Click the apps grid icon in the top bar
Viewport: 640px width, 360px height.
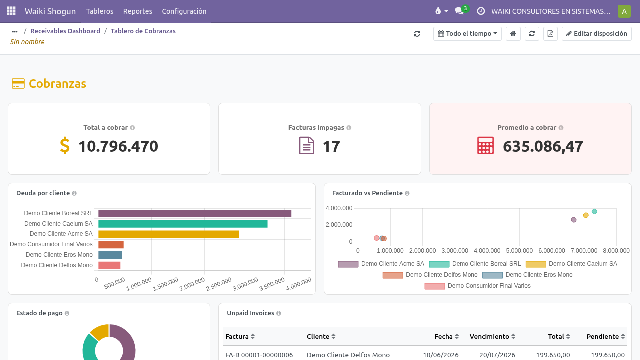tap(11, 11)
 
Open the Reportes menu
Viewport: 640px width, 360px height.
tap(137, 11)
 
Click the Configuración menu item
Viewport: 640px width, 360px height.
tap(184, 11)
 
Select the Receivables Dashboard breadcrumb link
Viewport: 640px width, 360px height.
tap(65, 31)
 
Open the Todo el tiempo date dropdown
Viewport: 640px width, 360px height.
tap(467, 34)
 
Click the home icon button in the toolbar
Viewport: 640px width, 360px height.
tap(513, 34)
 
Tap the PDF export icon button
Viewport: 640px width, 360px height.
tap(550, 34)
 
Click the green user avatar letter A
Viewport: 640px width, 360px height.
tap(624, 11)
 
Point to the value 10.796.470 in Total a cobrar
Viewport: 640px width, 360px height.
tap(118, 146)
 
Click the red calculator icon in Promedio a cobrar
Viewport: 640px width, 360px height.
tap(485, 145)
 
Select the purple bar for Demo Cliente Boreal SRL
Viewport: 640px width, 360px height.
tap(195, 213)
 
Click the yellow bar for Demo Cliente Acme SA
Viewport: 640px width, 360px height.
tap(168, 234)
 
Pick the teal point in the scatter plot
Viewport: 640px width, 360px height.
tap(594, 211)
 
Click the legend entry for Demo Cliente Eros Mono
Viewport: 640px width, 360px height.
tap(527, 275)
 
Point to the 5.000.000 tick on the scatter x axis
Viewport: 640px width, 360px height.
tap(519, 251)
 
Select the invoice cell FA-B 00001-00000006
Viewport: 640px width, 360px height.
tap(259, 355)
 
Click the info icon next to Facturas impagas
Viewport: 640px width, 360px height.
tap(349, 128)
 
